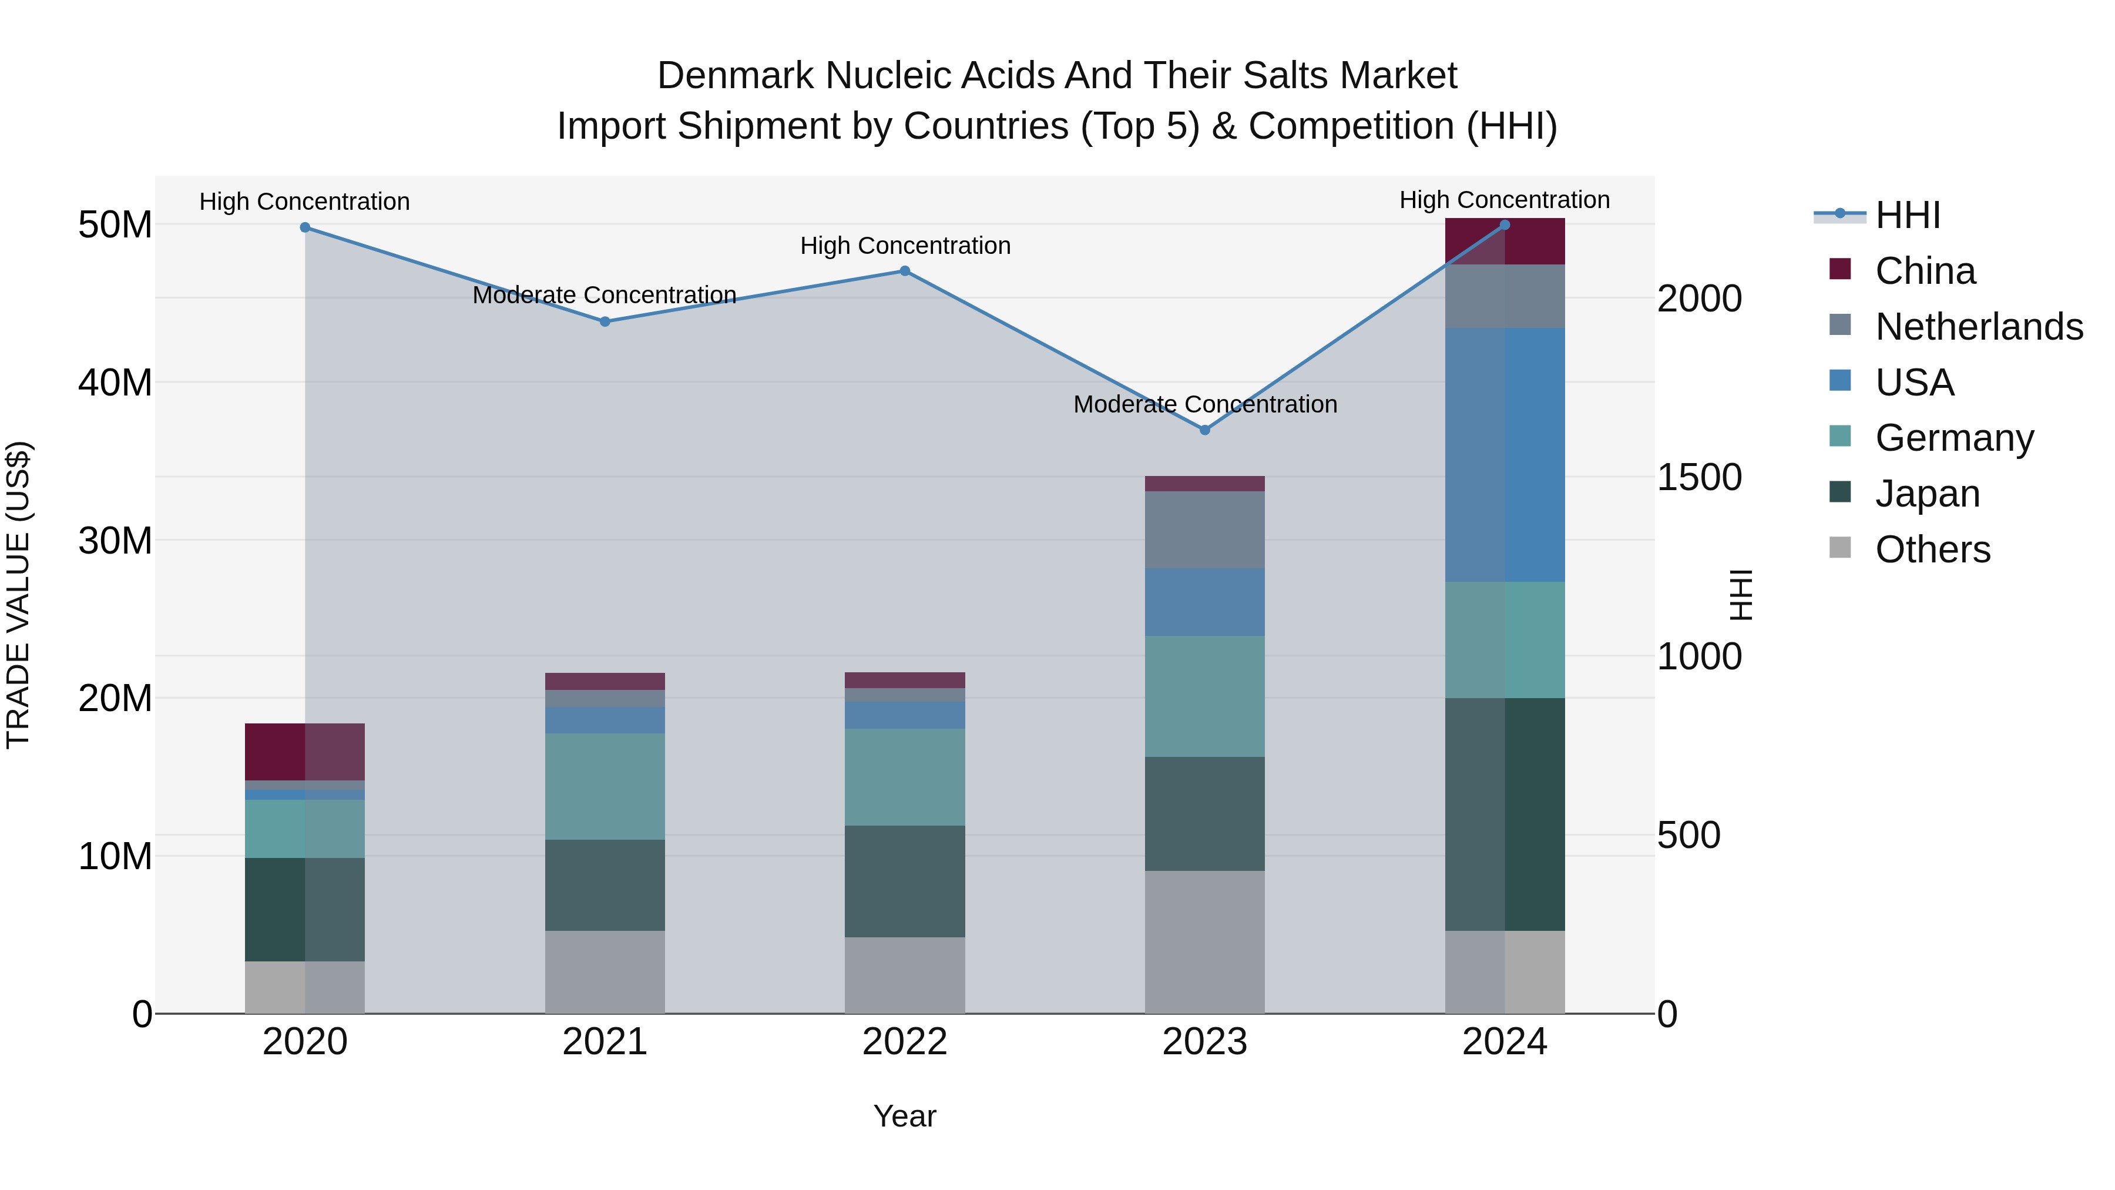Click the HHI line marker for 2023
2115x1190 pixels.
[1204, 430]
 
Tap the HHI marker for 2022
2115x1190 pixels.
[905, 271]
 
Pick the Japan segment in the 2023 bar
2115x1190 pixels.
[1204, 813]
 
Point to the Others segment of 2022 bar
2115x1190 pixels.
[905, 975]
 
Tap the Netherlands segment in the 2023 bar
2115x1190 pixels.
[1204, 529]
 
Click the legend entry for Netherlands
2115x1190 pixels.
[1979, 327]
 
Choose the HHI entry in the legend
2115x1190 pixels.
[1907, 215]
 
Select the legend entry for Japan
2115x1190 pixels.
[1927, 494]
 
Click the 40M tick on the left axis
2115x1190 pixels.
[115, 383]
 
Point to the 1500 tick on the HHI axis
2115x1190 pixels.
[1698, 477]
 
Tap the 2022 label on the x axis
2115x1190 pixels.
[905, 1042]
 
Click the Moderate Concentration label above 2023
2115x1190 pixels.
[1204, 404]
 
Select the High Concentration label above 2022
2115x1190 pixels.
[905, 246]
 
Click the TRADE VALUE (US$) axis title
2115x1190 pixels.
[18, 595]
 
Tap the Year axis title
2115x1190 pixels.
[904, 1116]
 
